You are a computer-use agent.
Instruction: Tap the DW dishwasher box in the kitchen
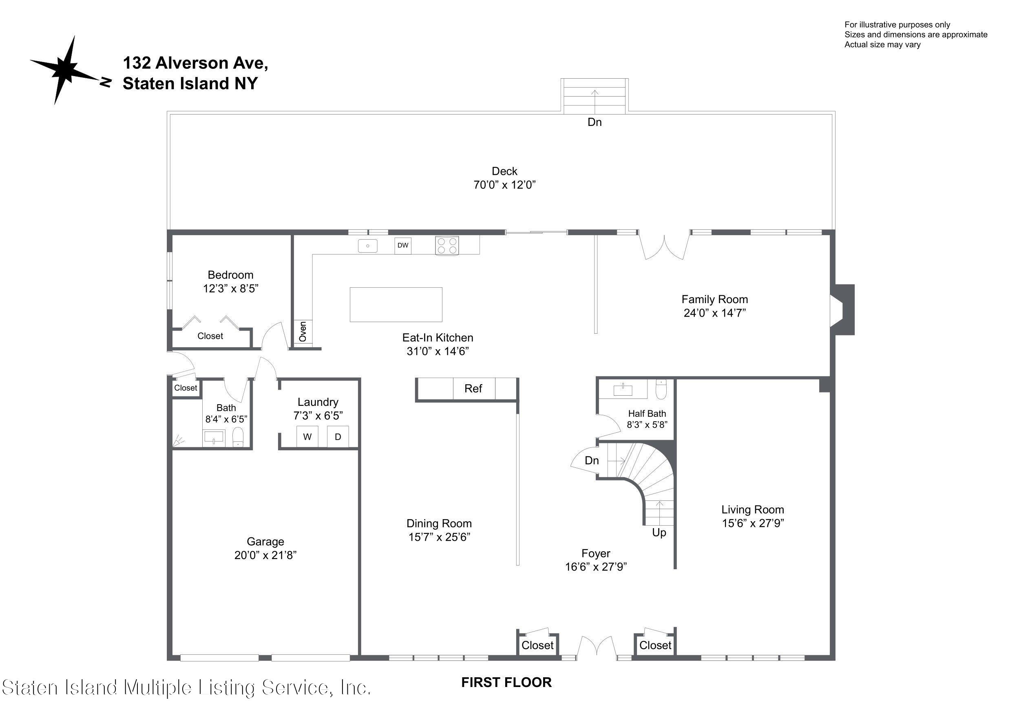[x=402, y=245]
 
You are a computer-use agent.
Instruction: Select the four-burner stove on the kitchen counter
[x=447, y=245]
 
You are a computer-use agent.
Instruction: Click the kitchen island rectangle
[x=396, y=304]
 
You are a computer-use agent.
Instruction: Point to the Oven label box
[x=303, y=332]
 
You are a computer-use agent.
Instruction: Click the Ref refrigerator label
[x=473, y=389]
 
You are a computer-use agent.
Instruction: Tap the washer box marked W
[x=307, y=436]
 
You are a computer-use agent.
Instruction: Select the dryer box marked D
[x=338, y=436]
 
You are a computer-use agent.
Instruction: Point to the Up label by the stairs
[x=659, y=532]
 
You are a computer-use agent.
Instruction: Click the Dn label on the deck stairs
[x=595, y=122]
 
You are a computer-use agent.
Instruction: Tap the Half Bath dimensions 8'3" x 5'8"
[x=647, y=425]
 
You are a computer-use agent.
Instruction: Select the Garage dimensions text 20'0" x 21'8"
[x=265, y=555]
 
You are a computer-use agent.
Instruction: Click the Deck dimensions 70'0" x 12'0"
[x=505, y=185]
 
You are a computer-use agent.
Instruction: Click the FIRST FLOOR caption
[x=506, y=682]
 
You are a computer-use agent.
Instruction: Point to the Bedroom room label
[x=230, y=275]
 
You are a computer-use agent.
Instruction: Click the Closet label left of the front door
[x=537, y=645]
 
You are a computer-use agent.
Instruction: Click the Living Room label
[x=753, y=510]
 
